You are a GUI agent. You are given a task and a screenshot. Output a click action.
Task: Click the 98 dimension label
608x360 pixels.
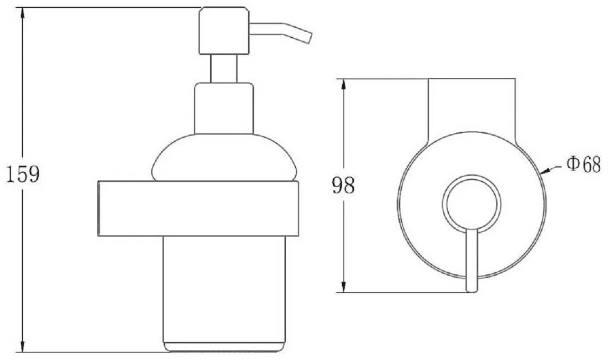[343, 186]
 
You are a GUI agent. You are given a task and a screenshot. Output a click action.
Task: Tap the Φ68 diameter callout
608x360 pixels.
[583, 164]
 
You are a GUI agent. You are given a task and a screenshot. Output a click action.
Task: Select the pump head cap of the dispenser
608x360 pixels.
[224, 31]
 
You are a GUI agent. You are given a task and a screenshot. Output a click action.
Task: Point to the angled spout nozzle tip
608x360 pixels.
[308, 38]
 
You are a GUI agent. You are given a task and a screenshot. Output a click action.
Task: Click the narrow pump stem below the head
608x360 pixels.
[224, 69]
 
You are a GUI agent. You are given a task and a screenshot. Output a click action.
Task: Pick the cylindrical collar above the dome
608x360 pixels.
[224, 108]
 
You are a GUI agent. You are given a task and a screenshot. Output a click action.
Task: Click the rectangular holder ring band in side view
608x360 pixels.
[197, 208]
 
